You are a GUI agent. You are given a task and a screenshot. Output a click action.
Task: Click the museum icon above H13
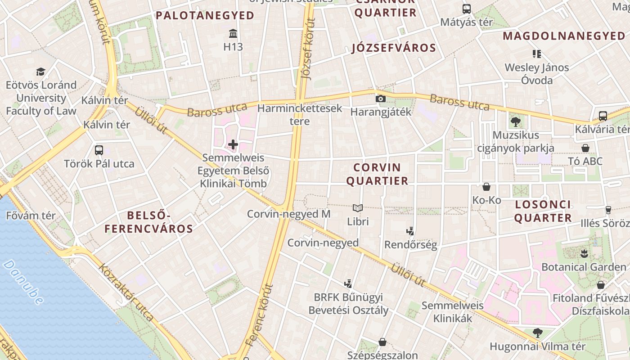click(x=233, y=34)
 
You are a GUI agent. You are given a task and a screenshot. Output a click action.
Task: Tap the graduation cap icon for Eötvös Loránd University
click(x=41, y=72)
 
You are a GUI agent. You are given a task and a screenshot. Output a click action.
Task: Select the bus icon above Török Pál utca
click(x=99, y=150)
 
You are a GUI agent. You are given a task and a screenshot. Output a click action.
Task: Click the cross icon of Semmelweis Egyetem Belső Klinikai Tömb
click(x=233, y=144)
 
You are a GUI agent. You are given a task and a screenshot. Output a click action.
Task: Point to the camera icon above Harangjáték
click(x=381, y=99)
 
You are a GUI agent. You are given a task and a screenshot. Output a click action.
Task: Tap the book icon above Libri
click(x=358, y=208)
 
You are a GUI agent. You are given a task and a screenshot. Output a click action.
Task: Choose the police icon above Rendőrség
click(x=410, y=232)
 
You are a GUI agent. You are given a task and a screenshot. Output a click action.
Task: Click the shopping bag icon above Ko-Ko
click(x=486, y=187)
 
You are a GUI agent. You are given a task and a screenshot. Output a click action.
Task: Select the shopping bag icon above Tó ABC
click(x=585, y=148)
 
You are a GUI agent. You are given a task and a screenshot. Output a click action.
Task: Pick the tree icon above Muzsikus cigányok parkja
click(x=516, y=121)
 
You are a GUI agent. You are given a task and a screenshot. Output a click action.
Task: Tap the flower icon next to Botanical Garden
click(x=584, y=253)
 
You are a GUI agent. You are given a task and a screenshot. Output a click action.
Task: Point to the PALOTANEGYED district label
click(x=205, y=16)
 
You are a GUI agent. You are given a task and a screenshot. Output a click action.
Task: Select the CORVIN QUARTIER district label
click(x=381, y=174)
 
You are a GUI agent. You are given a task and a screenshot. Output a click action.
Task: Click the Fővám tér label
click(x=31, y=216)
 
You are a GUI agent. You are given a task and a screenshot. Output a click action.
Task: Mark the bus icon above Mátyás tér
click(x=467, y=9)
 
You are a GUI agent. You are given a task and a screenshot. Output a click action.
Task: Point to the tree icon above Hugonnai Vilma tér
click(x=537, y=333)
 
